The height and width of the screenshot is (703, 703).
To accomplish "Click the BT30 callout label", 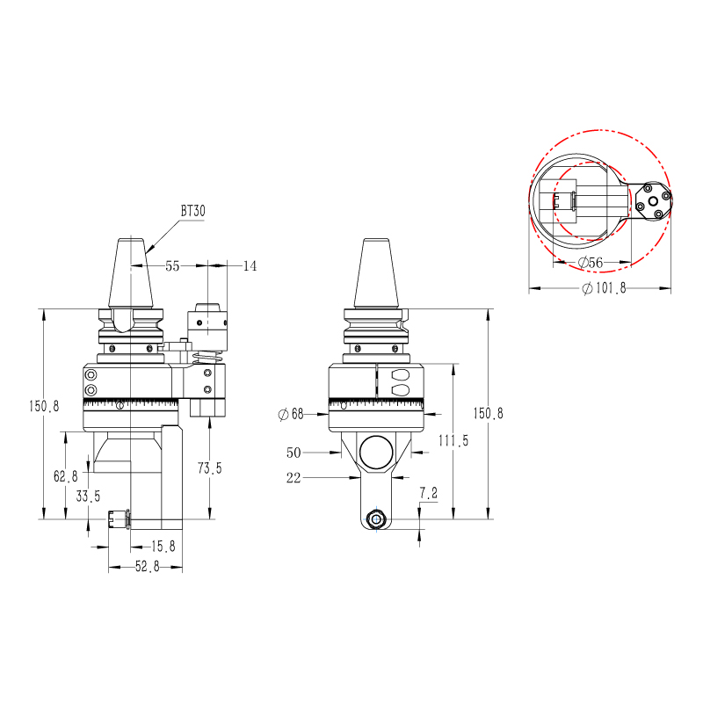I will (x=192, y=211).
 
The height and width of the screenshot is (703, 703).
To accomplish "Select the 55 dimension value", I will (x=172, y=265).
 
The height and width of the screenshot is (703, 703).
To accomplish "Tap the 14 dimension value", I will (x=250, y=265).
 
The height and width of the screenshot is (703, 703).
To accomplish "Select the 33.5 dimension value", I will (x=87, y=496).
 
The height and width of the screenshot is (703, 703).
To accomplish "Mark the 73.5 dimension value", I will (x=209, y=468).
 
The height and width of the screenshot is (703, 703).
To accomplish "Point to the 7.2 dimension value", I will (x=428, y=494).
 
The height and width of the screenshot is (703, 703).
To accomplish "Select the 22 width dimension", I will (x=294, y=477).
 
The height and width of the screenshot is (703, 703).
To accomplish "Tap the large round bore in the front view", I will (x=375, y=452).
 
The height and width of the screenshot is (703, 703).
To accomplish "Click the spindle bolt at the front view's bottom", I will (x=376, y=518).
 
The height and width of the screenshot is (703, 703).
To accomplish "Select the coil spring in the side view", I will (x=207, y=356).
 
